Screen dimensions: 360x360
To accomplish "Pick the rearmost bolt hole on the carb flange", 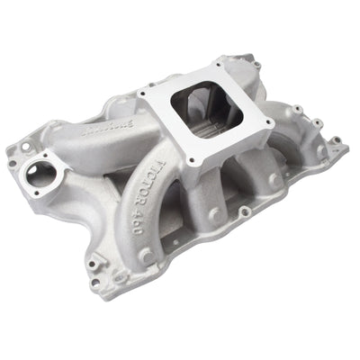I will click(218, 65).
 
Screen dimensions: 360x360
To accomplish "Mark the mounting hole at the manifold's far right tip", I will click(335, 140).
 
